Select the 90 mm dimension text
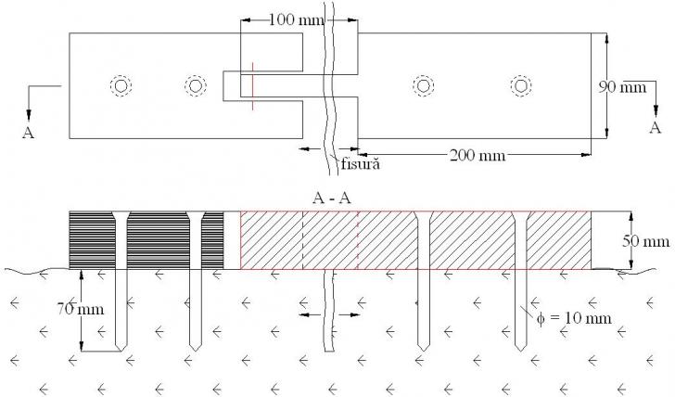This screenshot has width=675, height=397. point(620,86)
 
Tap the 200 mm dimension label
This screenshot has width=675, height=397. point(478,154)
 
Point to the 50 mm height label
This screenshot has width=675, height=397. point(643,242)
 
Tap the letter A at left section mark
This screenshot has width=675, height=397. point(28,133)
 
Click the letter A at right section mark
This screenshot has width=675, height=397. point(655,128)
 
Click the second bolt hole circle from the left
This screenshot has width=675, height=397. point(195,85)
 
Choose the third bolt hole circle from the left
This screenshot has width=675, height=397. point(423,85)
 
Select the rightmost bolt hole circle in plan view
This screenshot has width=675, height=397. point(522,85)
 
